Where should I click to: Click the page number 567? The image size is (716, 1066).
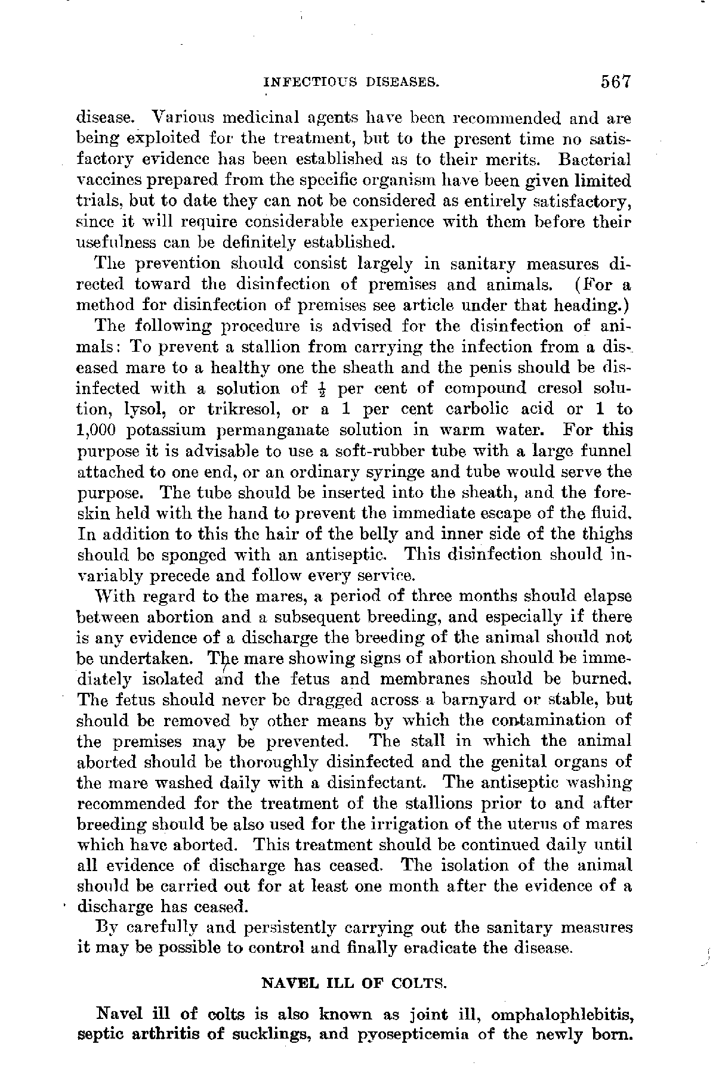click(x=616, y=81)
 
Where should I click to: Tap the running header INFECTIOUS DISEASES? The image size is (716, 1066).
click(x=351, y=82)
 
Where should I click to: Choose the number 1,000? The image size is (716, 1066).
click(x=98, y=430)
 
